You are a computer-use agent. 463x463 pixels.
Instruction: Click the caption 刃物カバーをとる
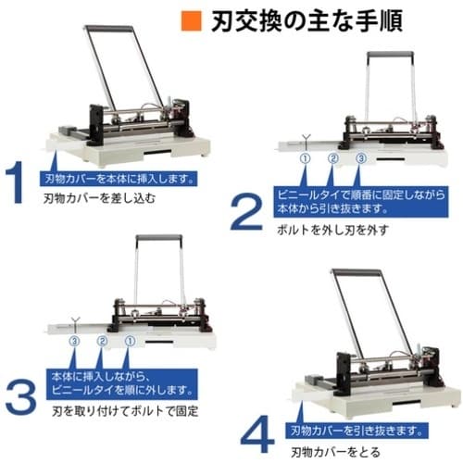333,452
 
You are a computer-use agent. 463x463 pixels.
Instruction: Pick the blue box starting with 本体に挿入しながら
118,382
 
